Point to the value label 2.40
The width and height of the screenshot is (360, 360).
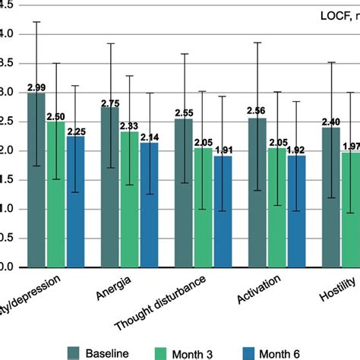coord(332,122)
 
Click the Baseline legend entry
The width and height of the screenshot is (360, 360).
coord(98,352)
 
